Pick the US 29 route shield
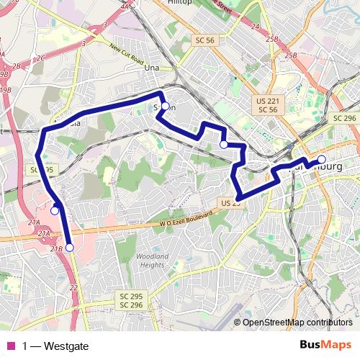pos(230,204)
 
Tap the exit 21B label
pos(58,248)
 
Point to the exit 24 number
pos(255,27)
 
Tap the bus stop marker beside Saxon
pos(165,107)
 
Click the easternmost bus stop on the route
pos(322,159)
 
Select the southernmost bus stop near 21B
pos(69,247)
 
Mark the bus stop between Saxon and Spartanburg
pos(223,145)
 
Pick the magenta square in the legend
pos(11,346)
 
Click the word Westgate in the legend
pos(66,346)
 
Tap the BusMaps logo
pos(325,345)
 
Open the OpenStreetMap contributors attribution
pos(297,323)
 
